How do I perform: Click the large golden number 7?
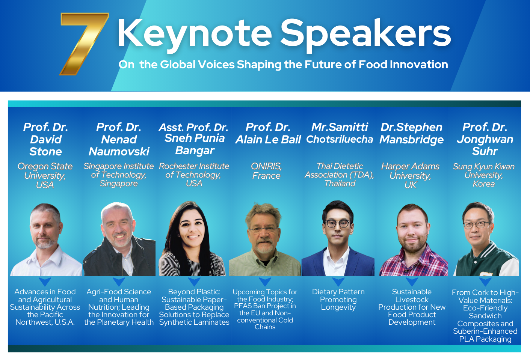[x=84, y=44]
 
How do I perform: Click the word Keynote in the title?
[x=195, y=34]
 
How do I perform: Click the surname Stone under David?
[x=46, y=151]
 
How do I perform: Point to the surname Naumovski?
[x=119, y=151]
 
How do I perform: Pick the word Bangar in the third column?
[x=195, y=151]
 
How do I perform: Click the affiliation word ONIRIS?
[x=266, y=167]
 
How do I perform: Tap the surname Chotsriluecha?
[x=340, y=139]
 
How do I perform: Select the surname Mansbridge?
[x=411, y=140]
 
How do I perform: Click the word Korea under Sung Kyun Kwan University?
[x=484, y=184]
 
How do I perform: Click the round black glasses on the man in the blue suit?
[x=338, y=223]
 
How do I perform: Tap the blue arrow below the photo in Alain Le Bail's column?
[x=265, y=282]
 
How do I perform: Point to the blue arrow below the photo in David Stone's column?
[x=45, y=282]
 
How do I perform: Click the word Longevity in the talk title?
[x=338, y=307]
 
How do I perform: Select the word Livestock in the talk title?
[x=412, y=300]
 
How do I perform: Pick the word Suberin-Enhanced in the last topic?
[x=485, y=331]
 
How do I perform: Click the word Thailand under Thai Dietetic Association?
[x=340, y=183]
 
